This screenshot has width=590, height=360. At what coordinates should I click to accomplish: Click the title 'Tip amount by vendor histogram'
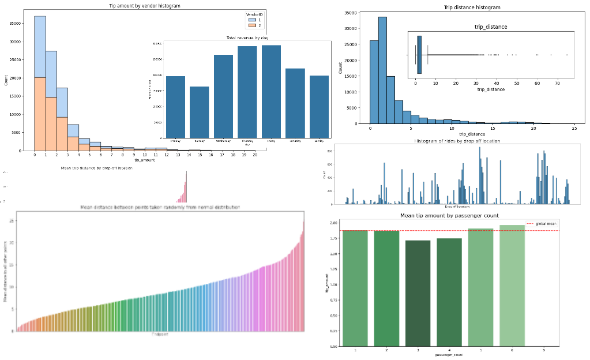pyautogui.click(x=144, y=5)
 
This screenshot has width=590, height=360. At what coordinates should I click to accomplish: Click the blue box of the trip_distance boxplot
pyautogui.click(x=419, y=55)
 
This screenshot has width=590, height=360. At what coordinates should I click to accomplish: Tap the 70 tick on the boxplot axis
pyautogui.click(x=558, y=82)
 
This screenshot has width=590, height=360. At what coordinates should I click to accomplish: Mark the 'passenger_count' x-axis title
pyautogui.click(x=450, y=355)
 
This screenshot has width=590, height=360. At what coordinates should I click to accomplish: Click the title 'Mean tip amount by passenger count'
pyautogui.click(x=450, y=216)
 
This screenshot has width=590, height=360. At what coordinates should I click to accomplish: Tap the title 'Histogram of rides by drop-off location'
pyautogui.click(x=457, y=141)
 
